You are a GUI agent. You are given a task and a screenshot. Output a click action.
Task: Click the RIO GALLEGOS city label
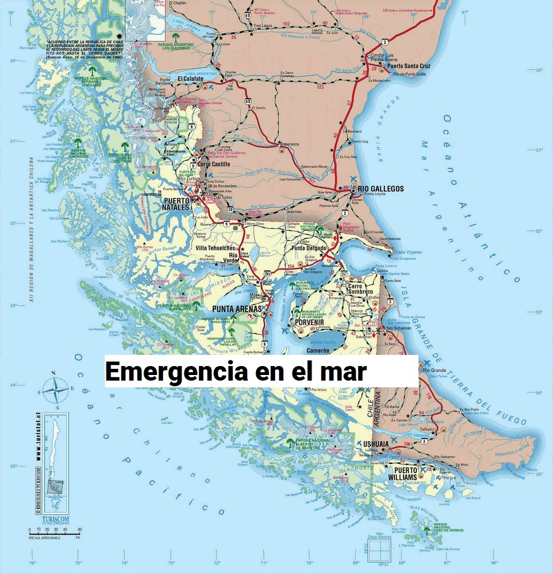pyautogui.click(x=380, y=189)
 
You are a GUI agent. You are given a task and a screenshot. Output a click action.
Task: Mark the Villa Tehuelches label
pyautogui.click(x=216, y=248)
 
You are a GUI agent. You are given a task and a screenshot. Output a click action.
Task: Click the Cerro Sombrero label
pyautogui.click(x=360, y=289)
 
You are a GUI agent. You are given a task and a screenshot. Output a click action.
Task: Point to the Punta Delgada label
pyautogui.click(x=309, y=248)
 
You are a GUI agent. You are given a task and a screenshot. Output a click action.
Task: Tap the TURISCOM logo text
pyautogui.click(x=55, y=519)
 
